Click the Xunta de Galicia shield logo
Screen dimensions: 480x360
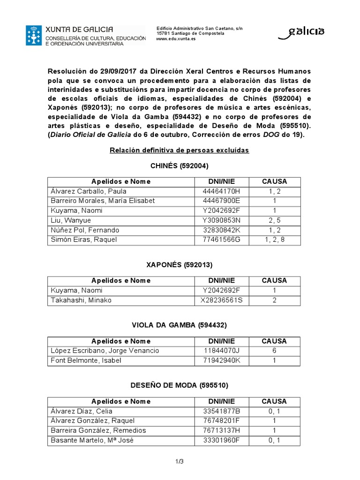pyautogui.click(x=34, y=36)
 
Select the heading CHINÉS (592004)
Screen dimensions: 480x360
pyautogui.click(x=180, y=166)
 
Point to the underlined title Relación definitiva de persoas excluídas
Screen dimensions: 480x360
pyautogui.click(x=179, y=150)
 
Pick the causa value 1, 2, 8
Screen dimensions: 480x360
pyautogui.click(x=274, y=240)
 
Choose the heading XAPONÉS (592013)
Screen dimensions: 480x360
pyautogui.click(x=180, y=265)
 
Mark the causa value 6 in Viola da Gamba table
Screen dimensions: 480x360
pyautogui.click(x=274, y=351)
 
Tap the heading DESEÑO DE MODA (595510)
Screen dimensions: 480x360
pyautogui.click(x=180, y=386)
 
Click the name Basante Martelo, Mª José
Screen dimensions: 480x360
pyautogui.click(x=88, y=441)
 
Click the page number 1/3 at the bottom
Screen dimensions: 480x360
pyautogui.click(x=179, y=462)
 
